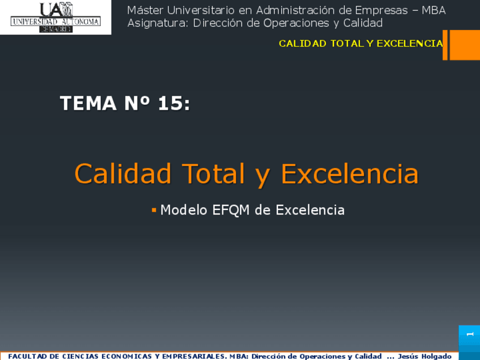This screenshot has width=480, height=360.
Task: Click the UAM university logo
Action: (55, 17)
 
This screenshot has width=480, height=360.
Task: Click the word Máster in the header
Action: (145, 10)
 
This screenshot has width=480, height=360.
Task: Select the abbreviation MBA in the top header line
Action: (434, 10)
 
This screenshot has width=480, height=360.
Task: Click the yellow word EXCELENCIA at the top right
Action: (410, 44)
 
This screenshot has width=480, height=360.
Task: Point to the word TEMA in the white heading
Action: (88, 103)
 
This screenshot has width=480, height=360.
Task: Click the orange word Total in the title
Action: (213, 174)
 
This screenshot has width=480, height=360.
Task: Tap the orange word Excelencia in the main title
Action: (350, 174)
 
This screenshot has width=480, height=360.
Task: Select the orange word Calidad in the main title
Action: (123, 174)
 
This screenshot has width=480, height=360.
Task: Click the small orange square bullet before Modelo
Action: (154, 210)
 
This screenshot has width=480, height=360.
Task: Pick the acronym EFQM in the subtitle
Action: (231, 211)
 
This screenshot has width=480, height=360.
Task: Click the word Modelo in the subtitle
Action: (184, 210)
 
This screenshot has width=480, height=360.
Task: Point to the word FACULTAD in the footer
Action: (28, 357)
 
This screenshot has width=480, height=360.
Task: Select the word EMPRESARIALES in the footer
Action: (194, 357)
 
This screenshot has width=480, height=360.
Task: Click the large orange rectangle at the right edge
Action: (465, 45)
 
